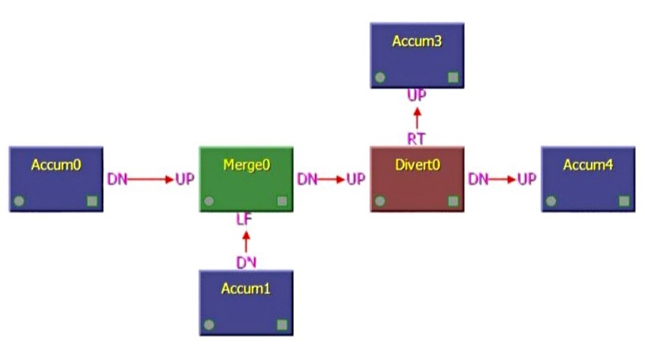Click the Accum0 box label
pos(56,164)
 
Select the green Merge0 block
pos(246,180)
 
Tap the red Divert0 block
pos(417,180)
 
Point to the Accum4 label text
pos(588,164)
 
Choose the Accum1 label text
pos(246,289)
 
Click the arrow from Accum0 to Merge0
pos(151,180)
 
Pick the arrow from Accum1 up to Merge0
pos(246,241)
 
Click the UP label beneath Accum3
pos(417,96)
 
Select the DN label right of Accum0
pos(117,180)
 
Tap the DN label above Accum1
pos(246,263)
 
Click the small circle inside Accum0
pos(19,202)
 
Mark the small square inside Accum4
pos(624,202)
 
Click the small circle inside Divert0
pos(380,202)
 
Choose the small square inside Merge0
pos(282,202)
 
